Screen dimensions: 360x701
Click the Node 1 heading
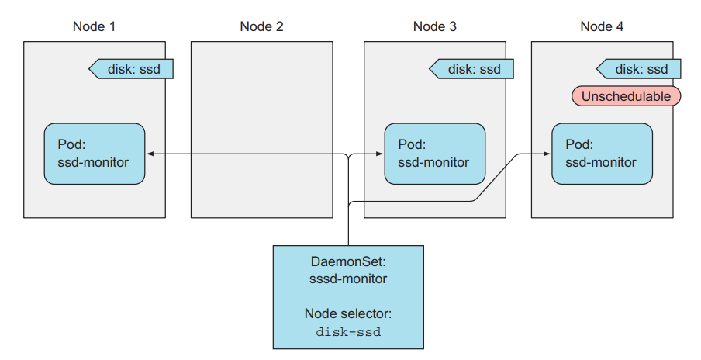click(94, 26)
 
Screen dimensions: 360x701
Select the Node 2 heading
click(261, 26)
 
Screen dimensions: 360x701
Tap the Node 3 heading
click(434, 26)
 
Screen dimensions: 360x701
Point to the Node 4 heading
click(602, 26)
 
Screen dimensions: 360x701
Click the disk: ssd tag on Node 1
click(131, 69)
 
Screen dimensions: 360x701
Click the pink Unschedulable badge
click(627, 96)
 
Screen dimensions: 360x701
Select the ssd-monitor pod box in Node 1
click(95, 154)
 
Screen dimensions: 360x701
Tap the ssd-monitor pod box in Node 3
click(435, 154)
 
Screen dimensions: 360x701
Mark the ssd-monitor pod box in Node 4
click(602, 154)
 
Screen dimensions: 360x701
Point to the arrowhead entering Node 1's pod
click(150, 154)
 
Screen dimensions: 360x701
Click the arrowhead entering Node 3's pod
click(381, 154)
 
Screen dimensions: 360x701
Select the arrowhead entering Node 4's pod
click(547, 154)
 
